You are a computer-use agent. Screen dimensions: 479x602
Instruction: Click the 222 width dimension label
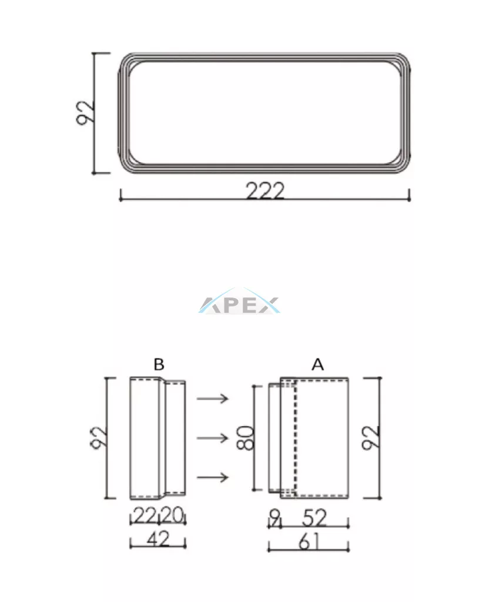pos(265,191)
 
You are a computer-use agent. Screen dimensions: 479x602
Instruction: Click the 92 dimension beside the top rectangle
pos(85,112)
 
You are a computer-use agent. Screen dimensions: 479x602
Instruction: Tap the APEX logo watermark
pos(239,302)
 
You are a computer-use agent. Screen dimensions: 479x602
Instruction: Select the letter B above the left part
pos(159,364)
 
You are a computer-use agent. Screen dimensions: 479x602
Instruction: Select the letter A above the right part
pos(317,364)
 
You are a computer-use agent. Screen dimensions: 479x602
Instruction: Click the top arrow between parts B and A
pos(213,399)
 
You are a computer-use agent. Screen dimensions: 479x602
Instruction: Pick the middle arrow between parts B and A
pos(213,437)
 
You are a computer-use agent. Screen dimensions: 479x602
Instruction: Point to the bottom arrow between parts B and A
pos(213,477)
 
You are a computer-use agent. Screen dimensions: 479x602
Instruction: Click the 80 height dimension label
pos(246,437)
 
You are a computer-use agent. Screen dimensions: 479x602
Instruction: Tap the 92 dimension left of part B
pos(99,437)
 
